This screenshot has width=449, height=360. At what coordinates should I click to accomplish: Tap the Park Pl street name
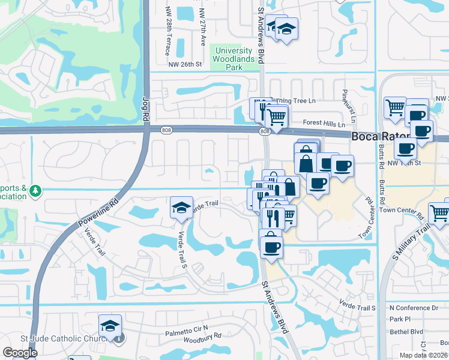click(x=399, y=319)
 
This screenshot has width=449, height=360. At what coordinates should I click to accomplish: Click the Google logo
click(x=20, y=352)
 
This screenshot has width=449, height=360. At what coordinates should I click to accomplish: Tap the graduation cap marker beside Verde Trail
click(x=181, y=208)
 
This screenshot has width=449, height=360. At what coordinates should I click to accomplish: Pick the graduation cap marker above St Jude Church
click(x=110, y=326)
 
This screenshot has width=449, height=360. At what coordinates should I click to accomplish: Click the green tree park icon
click(x=36, y=191)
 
